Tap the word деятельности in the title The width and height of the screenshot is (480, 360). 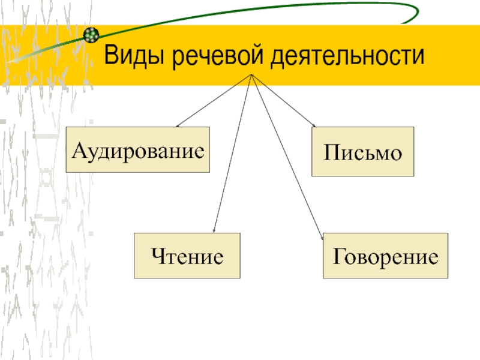coord(348,57)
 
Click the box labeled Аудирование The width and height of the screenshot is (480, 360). coord(137,150)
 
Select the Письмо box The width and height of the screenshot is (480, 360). coord(362,151)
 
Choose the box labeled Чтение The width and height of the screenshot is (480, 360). coord(187,256)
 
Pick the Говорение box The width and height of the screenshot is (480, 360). coord(386,256)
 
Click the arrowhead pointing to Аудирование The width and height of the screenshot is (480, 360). coord(177,125)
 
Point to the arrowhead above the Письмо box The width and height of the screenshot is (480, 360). coord(313,125)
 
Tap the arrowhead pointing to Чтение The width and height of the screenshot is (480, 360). coord(214,231)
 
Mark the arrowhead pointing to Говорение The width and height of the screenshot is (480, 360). coord(320,231)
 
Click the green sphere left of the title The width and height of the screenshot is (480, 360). coord(91,35)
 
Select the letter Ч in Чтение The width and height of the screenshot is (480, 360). coord(158,257)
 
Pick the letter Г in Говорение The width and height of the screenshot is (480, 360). coord(338,257)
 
